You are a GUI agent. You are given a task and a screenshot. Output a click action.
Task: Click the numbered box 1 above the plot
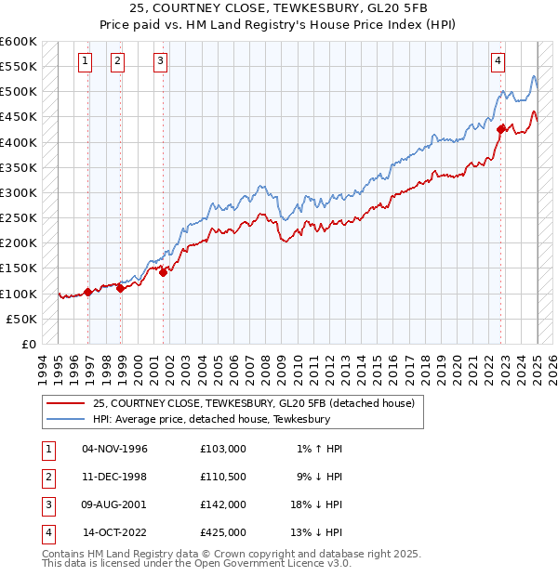tap(85, 61)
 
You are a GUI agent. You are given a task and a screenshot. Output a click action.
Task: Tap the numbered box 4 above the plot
tap(498, 61)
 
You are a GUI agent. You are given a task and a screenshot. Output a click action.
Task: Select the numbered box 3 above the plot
tap(160, 61)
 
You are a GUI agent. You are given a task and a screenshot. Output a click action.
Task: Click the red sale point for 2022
tap(500, 129)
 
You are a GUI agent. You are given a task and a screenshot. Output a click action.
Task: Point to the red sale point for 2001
tap(163, 272)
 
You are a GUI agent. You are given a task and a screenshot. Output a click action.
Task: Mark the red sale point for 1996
tap(88, 292)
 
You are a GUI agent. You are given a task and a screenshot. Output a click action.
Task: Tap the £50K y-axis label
tap(21, 319)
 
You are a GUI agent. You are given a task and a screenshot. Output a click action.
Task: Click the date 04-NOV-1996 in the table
tap(114, 449)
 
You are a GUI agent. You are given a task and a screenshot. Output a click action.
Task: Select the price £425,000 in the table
tap(223, 532)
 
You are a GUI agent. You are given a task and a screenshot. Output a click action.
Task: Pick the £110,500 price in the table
tap(223, 477)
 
